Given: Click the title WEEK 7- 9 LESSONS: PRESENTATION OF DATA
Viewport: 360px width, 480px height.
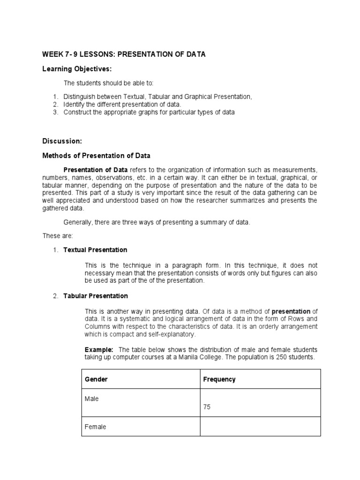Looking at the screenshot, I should point(124,55).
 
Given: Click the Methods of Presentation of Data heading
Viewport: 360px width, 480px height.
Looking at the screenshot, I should point(97,155).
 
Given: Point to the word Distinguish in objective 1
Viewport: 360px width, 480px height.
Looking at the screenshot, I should point(79,97).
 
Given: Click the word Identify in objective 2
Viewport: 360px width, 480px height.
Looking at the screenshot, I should point(74,104).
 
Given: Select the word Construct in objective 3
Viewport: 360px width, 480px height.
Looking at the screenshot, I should point(77,112).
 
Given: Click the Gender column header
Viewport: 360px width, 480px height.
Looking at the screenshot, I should point(96,379).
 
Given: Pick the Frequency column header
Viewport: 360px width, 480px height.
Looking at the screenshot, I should point(219,379).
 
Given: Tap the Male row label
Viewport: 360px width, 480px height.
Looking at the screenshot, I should point(91,399).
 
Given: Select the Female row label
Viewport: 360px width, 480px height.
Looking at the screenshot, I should point(95,427).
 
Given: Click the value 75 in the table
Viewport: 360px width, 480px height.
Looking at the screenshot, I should point(207,407).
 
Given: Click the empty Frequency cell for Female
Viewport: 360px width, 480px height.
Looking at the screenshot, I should point(260,427).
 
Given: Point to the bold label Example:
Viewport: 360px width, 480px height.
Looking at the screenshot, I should point(99,350).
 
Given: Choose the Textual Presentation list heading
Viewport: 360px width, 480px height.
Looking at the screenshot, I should point(95,250).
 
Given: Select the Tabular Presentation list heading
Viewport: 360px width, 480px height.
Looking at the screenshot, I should point(96,296).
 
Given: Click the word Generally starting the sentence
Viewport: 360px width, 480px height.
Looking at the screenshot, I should point(77,222).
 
